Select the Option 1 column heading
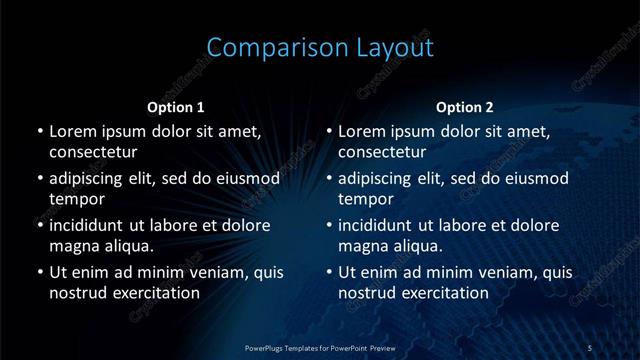(x=176, y=107)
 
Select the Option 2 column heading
(x=465, y=107)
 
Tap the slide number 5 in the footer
(x=590, y=347)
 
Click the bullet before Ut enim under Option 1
(x=39, y=272)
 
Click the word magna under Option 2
(x=362, y=245)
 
